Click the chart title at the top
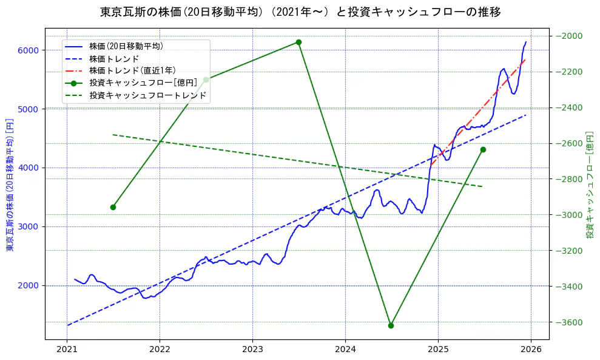[x=300, y=12]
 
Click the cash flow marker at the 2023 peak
[x=298, y=42]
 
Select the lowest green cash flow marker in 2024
[x=391, y=325]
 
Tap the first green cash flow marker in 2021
[x=113, y=207]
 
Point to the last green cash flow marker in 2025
[x=483, y=149]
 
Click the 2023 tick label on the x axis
[x=252, y=350]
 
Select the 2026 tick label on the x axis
[x=531, y=350]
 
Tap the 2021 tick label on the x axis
[x=67, y=350]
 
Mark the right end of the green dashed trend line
[x=482, y=186]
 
